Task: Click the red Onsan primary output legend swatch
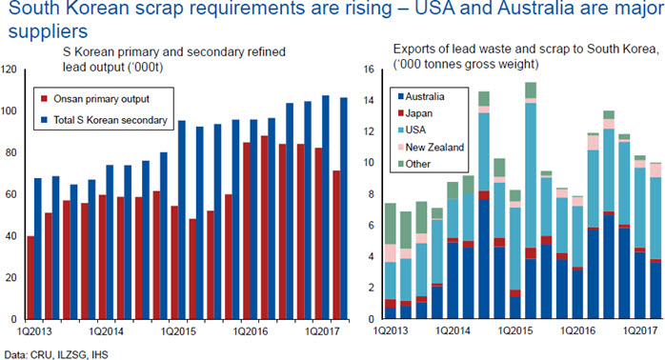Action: [44, 99]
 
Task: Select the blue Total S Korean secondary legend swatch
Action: [44, 120]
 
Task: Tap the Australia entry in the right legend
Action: [421, 97]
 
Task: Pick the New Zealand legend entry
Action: [431, 147]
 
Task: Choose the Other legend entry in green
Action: [413, 164]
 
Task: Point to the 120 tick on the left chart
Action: [9, 70]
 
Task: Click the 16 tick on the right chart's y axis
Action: [369, 70]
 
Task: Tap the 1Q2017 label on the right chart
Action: [639, 330]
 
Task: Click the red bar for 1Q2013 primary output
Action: [30, 277]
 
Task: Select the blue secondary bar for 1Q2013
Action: [38, 249]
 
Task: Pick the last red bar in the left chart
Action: [336, 245]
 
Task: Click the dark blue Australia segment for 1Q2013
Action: [391, 313]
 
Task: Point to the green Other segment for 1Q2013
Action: [391, 224]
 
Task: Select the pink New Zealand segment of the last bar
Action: [656, 170]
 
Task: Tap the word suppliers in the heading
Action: [48, 31]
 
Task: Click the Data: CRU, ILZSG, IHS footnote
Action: [56, 354]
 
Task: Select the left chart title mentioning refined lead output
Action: [174, 59]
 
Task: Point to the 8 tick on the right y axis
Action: [372, 194]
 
